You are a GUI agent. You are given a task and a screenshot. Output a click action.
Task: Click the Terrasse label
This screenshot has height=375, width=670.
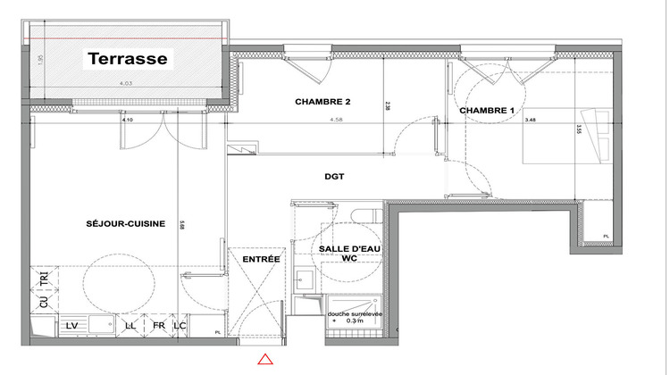tap(128, 61)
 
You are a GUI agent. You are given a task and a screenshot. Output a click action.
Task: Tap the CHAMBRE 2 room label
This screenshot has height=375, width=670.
tap(322, 103)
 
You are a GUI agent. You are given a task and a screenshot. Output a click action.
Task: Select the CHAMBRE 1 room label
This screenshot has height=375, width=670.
tap(487, 110)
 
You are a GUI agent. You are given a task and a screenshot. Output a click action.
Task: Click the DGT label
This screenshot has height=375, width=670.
tap(335, 176)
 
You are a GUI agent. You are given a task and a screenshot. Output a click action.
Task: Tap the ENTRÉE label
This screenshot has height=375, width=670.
tap(262, 259)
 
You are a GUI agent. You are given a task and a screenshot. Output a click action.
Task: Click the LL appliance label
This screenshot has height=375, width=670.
tap(131, 326)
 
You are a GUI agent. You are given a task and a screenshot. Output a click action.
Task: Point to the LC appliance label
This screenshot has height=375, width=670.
tap(180, 326)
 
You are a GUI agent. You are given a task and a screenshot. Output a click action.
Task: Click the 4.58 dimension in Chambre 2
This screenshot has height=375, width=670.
tap(336, 119)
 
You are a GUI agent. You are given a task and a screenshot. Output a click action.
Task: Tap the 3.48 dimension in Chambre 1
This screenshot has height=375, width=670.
tap(532, 119)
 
